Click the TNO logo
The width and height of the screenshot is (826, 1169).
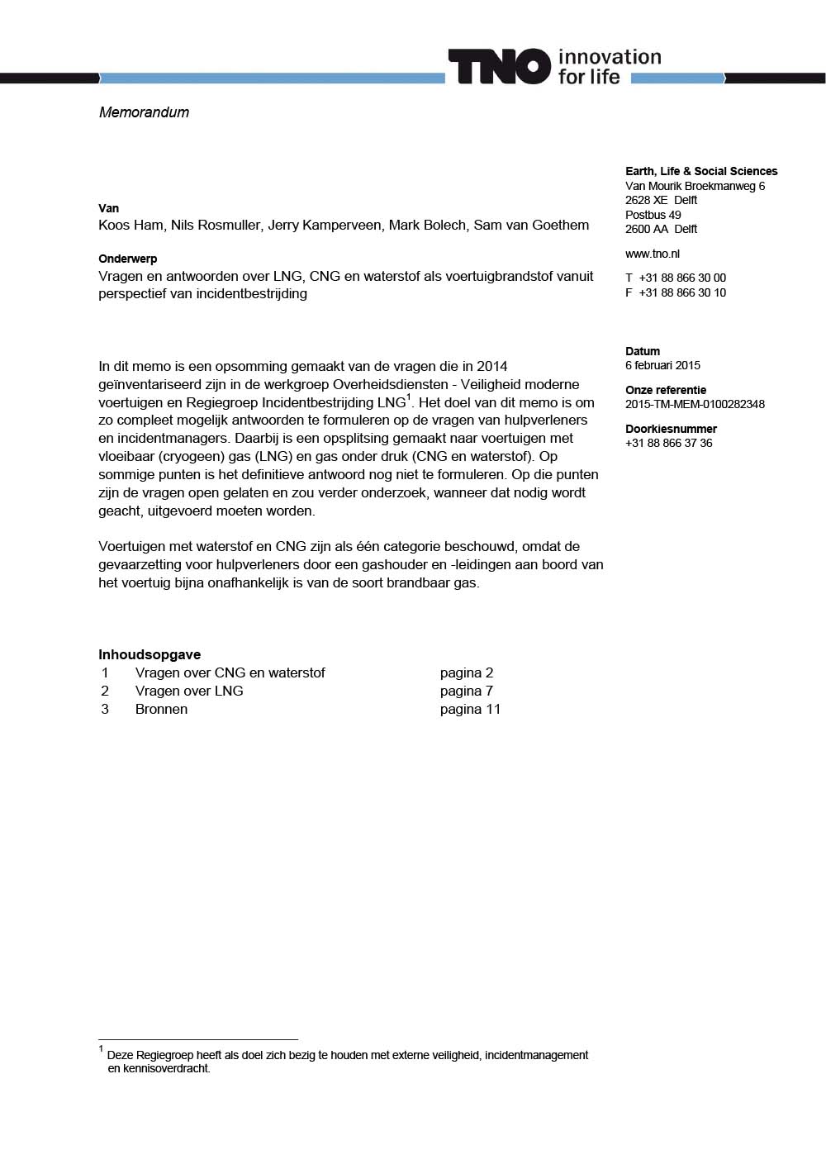pyautogui.click(x=499, y=67)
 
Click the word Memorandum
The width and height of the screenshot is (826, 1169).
pyautogui.click(x=144, y=112)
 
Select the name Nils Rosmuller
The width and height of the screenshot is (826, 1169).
pyautogui.click(x=216, y=225)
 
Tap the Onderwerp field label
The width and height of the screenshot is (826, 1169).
pyautogui.click(x=127, y=259)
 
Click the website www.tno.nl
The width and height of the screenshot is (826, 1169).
pyautogui.click(x=653, y=254)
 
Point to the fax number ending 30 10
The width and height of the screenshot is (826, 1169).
pyautogui.click(x=681, y=292)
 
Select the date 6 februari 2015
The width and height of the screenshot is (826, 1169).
pyautogui.click(x=662, y=365)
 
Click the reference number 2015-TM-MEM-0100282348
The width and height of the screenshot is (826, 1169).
pyautogui.click(x=695, y=404)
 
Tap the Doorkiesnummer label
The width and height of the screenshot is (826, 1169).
pyautogui.click(x=671, y=429)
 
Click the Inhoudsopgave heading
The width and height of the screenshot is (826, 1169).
pyautogui.click(x=150, y=654)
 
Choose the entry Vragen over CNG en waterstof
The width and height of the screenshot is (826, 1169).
pyautogui.click(x=230, y=672)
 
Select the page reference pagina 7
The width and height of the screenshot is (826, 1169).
pyautogui.click(x=466, y=691)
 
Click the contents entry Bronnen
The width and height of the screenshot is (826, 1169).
pyautogui.click(x=161, y=709)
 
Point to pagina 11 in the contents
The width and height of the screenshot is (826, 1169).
pyautogui.click(x=470, y=709)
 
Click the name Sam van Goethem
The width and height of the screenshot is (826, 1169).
pyautogui.click(x=531, y=225)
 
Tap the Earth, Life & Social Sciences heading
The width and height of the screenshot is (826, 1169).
pyautogui.click(x=701, y=171)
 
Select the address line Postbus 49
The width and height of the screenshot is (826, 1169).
pyautogui.click(x=653, y=215)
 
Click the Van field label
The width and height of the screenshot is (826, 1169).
pyautogui.click(x=108, y=208)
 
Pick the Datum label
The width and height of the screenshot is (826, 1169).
pyautogui.click(x=643, y=351)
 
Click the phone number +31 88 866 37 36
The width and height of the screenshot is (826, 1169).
pyautogui.click(x=668, y=443)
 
